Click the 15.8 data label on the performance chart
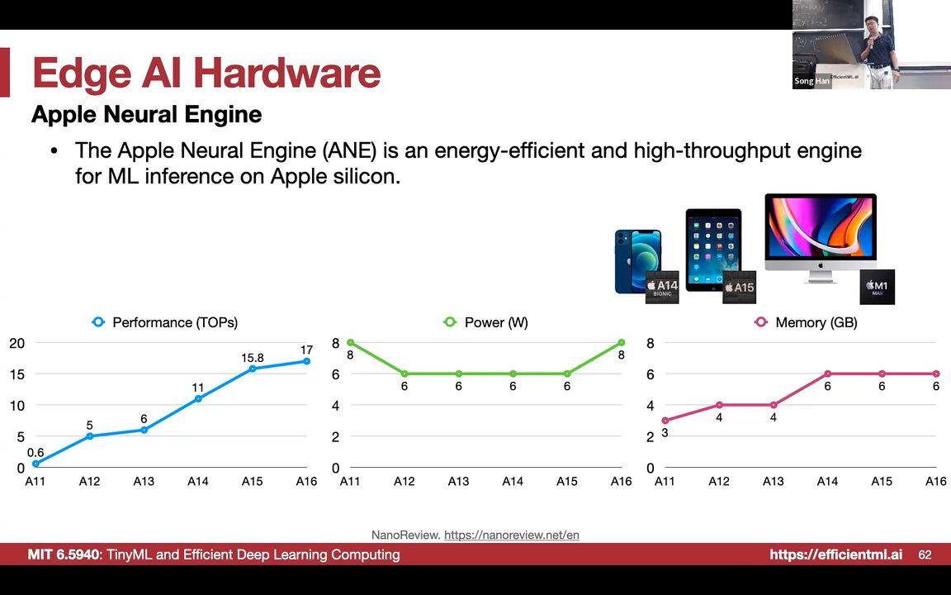tap(253, 358)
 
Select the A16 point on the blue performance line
tap(306, 361)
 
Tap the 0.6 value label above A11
tap(35, 452)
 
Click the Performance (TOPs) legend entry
tap(165, 322)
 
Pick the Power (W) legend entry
tap(486, 322)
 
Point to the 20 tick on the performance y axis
tap(17, 343)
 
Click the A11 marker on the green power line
tap(350, 342)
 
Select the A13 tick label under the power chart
tap(458, 481)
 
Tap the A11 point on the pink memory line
tap(665, 421)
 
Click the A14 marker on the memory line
tap(827, 374)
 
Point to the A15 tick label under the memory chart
tap(882, 481)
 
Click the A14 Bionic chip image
tap(662, 287)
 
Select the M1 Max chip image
tap(877, 287)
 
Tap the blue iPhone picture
tap(636, 261)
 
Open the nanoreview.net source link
tap(511, 535)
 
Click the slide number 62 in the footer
tap(925, 555)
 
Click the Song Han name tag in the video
tap(811, 81)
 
